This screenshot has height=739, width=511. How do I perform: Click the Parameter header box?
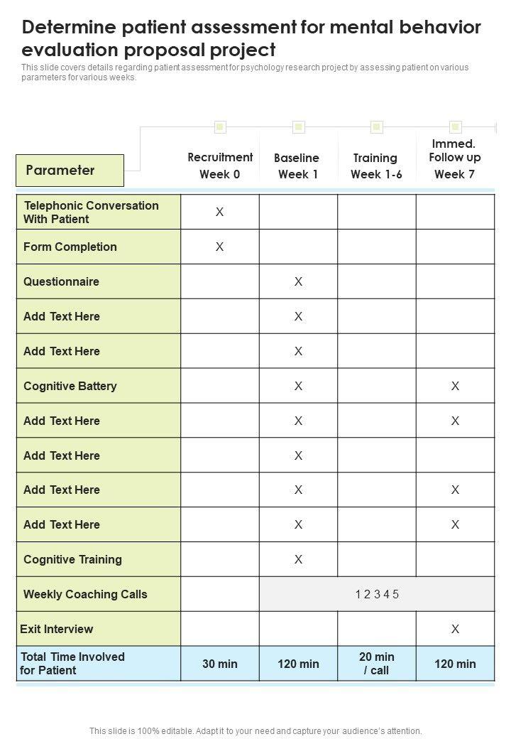tap(70, 171)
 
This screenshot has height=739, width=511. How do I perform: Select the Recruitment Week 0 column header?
tap(220, 166)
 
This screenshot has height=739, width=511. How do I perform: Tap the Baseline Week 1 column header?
tap(297, 166)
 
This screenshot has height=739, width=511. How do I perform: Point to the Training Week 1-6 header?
tap(375, 166)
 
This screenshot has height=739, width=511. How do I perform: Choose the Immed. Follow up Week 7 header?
tap(454, 158)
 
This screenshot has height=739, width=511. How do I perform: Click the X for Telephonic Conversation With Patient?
tap(220, 212)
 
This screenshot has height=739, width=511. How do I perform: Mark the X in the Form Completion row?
tap(220, 247)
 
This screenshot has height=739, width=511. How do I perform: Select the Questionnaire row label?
tap(62, 281)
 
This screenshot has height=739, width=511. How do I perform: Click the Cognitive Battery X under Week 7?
tap(455, 386)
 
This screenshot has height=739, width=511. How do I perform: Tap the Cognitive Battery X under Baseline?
tap(298, 386)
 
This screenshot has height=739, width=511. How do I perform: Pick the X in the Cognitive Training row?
tap(298, 559)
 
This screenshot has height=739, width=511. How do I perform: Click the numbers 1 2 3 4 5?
tap(377, 594)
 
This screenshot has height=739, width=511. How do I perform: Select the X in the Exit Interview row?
tap(455, 629)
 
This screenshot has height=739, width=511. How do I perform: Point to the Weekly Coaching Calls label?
tap(85, 594)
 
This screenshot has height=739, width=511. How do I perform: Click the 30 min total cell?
tap(220, 664)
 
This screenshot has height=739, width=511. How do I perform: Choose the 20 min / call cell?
tap(377, 664)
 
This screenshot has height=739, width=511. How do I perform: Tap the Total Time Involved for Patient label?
tap(72, 664)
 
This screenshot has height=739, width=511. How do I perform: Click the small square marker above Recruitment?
tap(220, 127)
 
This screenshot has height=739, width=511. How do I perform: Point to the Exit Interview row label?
tap(57, 629)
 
